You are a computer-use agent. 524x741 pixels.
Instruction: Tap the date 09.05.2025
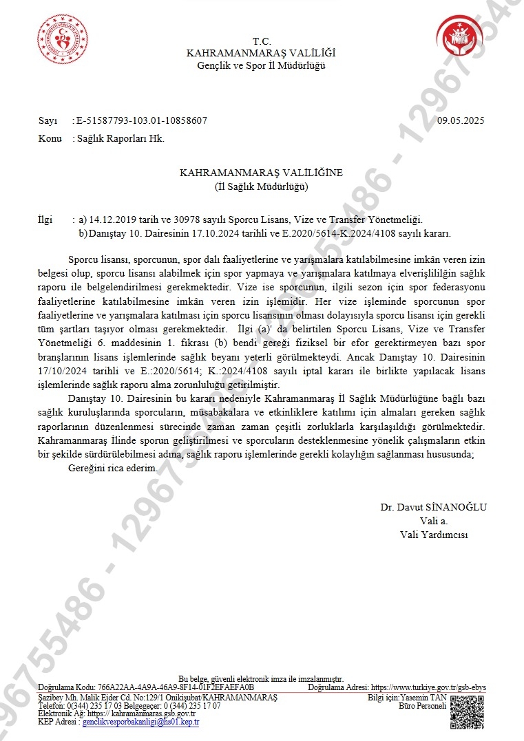(x=461, y=121)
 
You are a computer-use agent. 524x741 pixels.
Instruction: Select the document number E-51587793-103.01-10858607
(x=142, y=121)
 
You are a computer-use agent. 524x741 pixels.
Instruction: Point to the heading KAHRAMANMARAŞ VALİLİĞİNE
(x=261, y=173)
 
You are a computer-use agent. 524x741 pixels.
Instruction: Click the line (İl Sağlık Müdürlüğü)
(x=261, y=186)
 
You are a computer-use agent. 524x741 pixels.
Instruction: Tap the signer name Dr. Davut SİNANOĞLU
(x=433, y=507)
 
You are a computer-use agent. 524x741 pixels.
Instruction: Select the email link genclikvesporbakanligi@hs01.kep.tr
(x=140, y=722)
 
